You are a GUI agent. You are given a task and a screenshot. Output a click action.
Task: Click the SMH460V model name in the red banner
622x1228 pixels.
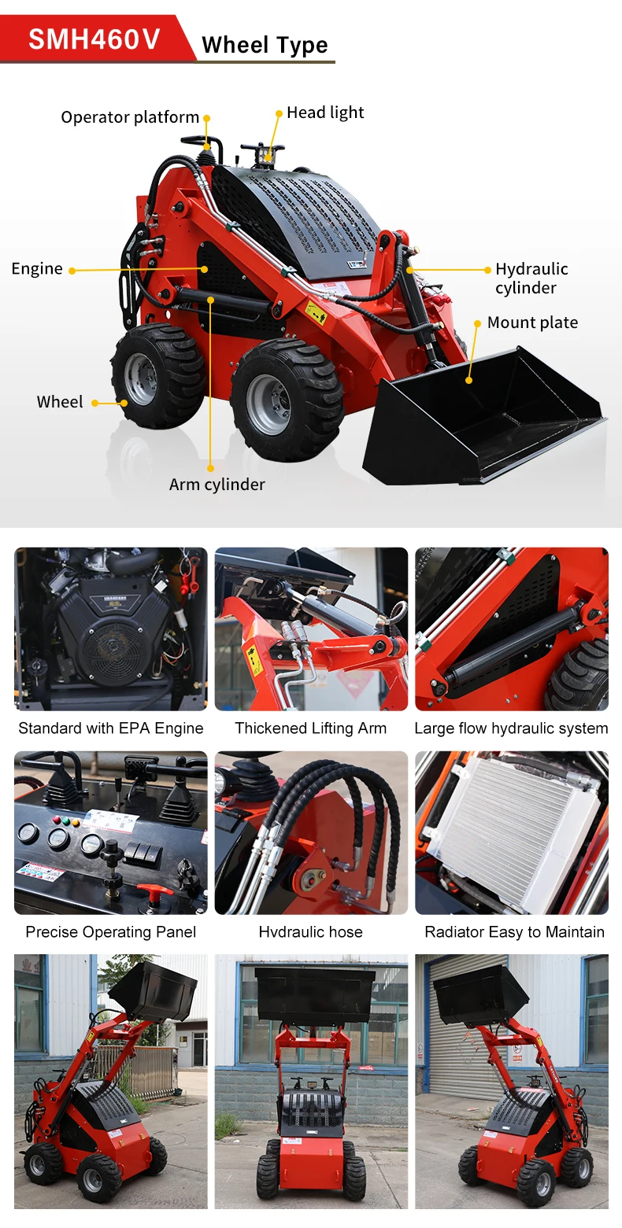(94, 39)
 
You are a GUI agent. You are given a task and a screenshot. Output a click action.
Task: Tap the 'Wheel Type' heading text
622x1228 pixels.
(265, 46)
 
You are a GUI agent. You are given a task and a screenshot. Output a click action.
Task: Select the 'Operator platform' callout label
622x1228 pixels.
(130, 117)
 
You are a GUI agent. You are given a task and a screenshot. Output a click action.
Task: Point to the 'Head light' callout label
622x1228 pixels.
(324, 112)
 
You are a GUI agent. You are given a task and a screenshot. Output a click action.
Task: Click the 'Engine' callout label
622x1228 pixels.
(37, 269)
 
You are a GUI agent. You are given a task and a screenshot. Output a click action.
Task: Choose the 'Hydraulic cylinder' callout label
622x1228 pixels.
(531, 278)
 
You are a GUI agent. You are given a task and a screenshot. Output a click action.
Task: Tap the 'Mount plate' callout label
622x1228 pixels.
(532, 323)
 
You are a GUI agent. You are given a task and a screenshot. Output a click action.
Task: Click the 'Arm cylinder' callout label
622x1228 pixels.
(217, 485)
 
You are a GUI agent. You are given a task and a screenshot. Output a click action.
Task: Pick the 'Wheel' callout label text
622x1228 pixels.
(60, 402)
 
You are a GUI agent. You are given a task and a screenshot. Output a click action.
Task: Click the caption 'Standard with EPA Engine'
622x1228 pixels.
(111, 728)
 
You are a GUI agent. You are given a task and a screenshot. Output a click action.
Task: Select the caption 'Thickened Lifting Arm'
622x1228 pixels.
(311, 728)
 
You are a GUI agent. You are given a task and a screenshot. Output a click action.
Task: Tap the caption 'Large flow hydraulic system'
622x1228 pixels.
(511, 728)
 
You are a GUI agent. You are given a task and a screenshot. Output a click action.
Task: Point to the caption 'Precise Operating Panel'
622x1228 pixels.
(111, 932)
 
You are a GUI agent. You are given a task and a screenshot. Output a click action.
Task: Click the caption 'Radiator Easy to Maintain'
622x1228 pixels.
(515, 932)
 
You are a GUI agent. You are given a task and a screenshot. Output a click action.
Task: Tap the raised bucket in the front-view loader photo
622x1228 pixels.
(315, 994)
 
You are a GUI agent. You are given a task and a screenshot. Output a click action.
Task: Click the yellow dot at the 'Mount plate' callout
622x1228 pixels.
(477, 323)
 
